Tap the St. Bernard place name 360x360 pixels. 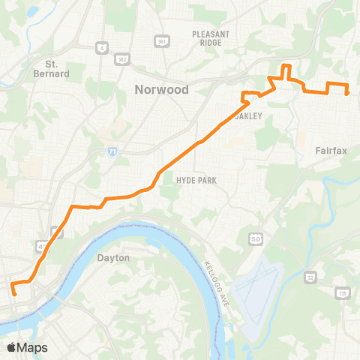(x=57, y=68)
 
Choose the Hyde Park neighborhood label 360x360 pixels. (x=195, y=181)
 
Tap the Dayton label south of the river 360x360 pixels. (x=114, y=258)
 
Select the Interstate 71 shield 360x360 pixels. (x=111, y=151)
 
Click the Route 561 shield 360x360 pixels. (x=159, y=40)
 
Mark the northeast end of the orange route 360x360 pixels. (x=347, y=93)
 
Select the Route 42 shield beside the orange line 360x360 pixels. (x=40, y=246)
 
